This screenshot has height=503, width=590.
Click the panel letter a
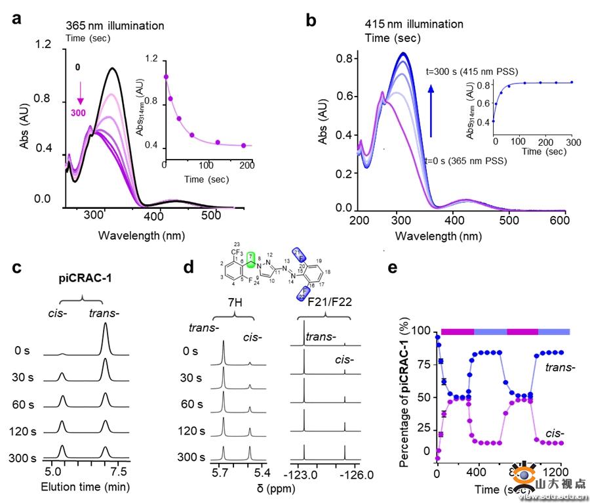click(x=18, y=19)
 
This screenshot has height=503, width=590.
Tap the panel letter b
click(x=311, y=20)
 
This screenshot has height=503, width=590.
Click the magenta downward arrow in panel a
click(x=80, y=89)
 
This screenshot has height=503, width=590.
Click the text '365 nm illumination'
click(x=115, y=26)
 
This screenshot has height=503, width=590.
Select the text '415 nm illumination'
click(x=414, y=24)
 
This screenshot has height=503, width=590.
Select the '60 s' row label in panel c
click(x=24, y=403)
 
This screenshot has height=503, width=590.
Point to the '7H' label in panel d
click(x=233, y=303)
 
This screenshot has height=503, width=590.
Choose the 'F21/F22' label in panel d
click(x=322, y=303)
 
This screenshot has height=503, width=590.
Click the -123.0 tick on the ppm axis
click(x=303, y=472)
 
